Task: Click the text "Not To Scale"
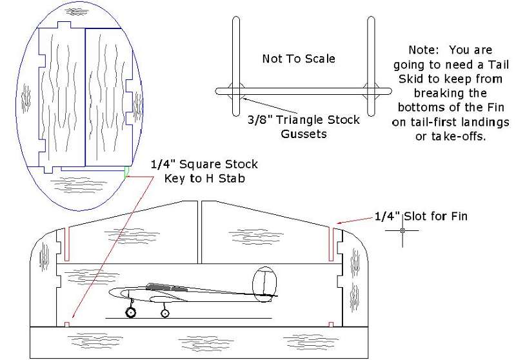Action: coord(299,59)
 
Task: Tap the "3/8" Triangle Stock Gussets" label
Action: coord(303,126)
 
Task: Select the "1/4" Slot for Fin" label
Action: coord(421,216)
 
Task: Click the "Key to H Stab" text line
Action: coord(204,178)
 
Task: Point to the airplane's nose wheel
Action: coord(131,312)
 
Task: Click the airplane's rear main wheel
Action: coord(165,313)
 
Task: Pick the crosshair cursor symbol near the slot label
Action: coord(402,230)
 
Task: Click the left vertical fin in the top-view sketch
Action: coord(236,66)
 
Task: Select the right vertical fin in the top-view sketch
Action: coord(371,66)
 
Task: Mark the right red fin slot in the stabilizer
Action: coord(331,244)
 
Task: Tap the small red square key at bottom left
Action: coord(67,325)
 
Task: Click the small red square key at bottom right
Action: coord(331,325)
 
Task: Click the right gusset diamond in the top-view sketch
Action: coord(371,91)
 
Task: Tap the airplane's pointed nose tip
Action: coord(109,292)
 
